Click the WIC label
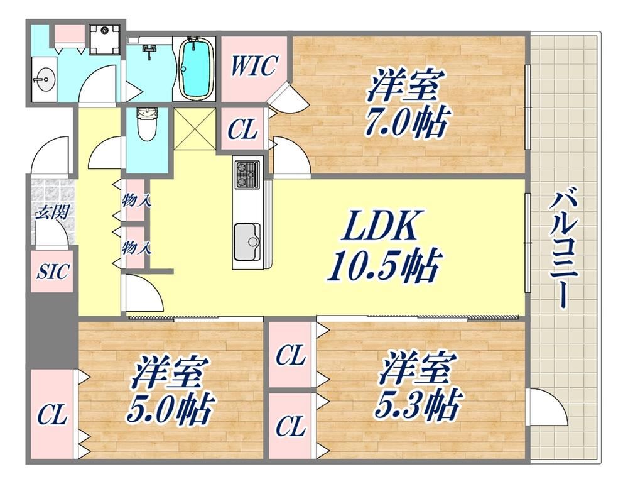click(x=254, y=65)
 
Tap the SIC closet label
click(x=53, y=272)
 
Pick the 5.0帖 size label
click(x=169, y=409)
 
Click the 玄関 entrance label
click(x=53, y=211)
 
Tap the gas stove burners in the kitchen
click(x=247, y=174)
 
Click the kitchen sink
click(x=247, y=242)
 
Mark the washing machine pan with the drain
click(x=104, y=39)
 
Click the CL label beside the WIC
click(x=242, y=129)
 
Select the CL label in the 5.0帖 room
click(x=52, y=415)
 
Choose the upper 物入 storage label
click(x=136, y=200)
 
